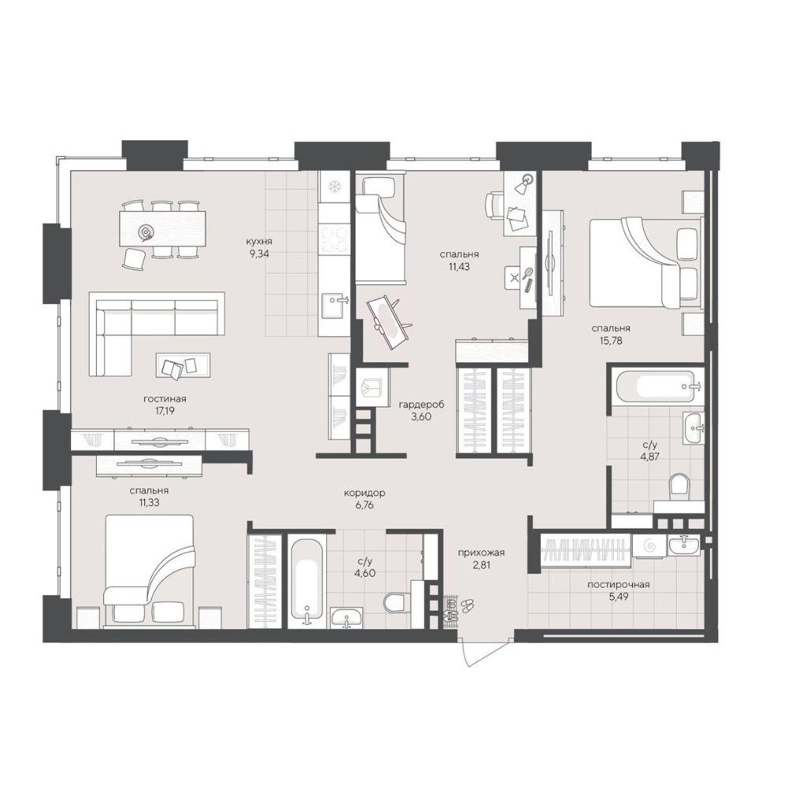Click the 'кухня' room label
pos(259,240)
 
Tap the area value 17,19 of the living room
pos(165,411)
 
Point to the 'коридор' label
pos(364,493)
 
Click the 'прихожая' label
pos(481,553)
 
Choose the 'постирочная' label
pos(618,585)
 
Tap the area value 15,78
pos(611,340)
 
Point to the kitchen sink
pos(334,306)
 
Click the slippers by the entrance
pos(466,604)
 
